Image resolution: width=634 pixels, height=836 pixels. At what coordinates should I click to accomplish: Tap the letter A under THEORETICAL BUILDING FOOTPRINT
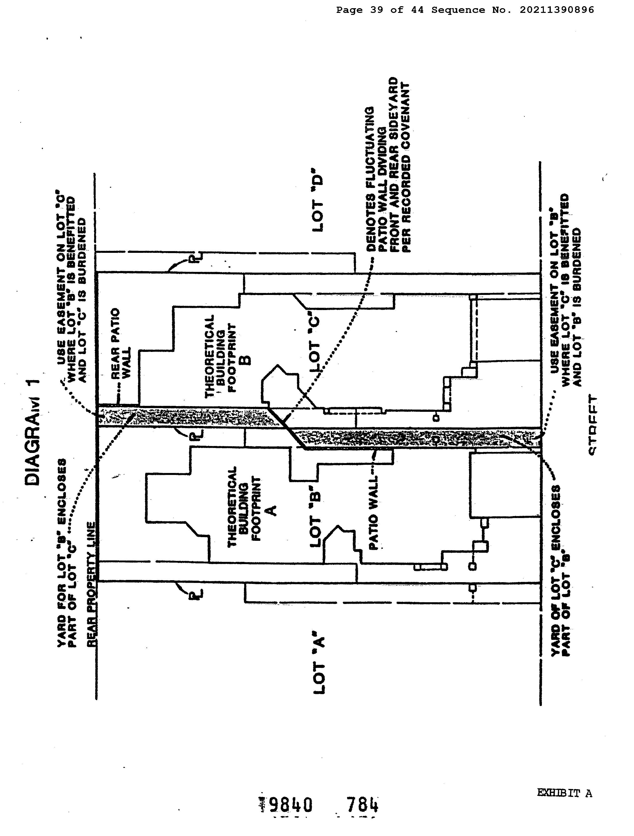[x=271, y=510]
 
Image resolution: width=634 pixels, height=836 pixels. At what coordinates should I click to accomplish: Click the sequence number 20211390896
[x=556, y=10]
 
